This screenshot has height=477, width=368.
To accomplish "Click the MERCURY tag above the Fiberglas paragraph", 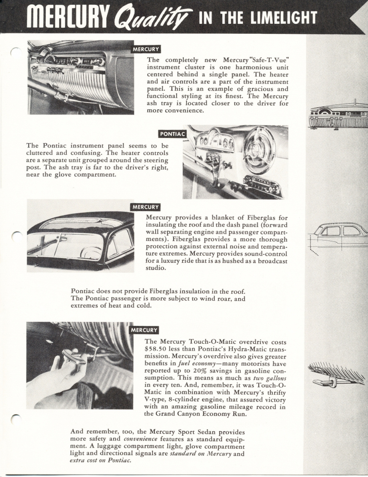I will pyautogui.click(x=146, y=207).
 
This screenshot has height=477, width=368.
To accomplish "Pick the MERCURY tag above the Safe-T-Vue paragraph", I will pyautogui.click(x=146, y=50).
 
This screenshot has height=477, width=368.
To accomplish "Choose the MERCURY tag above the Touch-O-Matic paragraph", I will pyautogui.click(x=145, y=330).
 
